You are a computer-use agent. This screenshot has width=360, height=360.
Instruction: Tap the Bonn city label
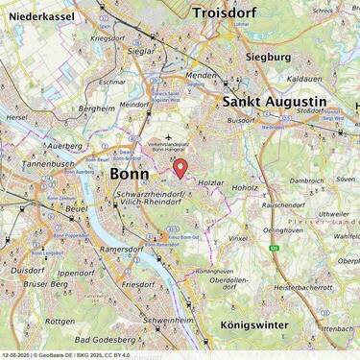tap(131, 175)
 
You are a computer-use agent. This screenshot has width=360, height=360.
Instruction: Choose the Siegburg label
tap(268, 57)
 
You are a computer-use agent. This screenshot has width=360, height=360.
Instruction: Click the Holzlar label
tap(210, 180)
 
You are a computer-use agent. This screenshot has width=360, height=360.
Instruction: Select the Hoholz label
tap(244, 188)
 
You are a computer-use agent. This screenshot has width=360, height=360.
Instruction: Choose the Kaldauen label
tap(303, 78)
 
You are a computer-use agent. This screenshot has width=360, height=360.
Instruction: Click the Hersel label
tap(16, 117)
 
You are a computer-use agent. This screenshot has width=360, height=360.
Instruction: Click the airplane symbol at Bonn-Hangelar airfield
tap(169, 136)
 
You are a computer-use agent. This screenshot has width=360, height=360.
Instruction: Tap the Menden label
tap(202, 74)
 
